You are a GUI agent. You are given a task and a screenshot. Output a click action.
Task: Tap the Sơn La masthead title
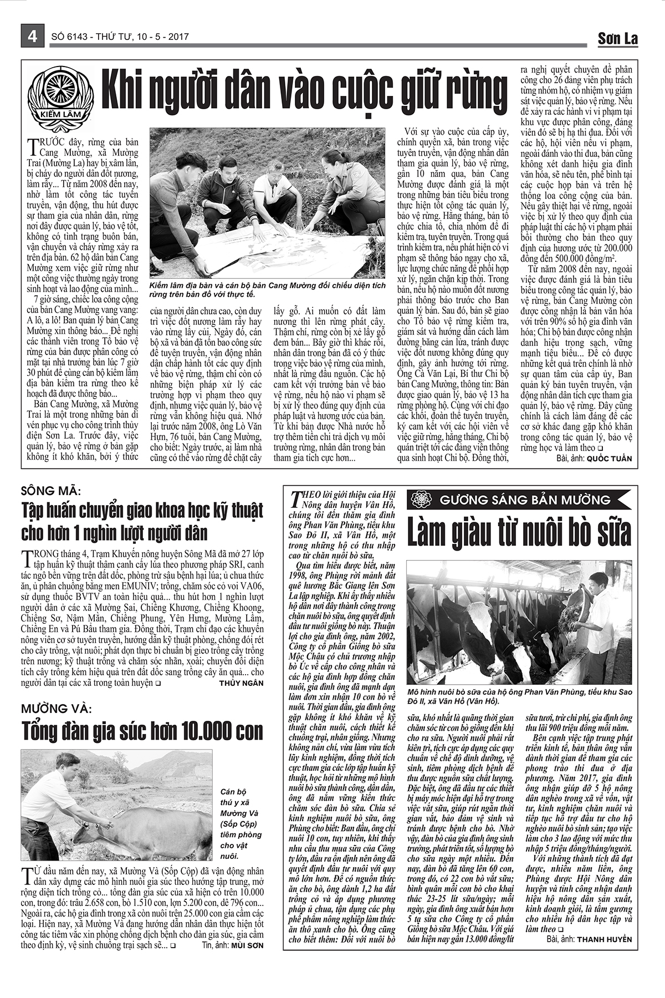[617, 38]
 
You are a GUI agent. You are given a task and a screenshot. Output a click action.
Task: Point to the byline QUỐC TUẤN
[608, 459]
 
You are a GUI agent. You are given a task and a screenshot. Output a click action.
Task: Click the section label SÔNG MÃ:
[51, 491]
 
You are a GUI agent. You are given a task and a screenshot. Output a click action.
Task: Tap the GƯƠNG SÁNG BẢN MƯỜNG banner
[519, 500]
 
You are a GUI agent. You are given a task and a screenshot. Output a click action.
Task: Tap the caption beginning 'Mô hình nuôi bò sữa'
[519, 696]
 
